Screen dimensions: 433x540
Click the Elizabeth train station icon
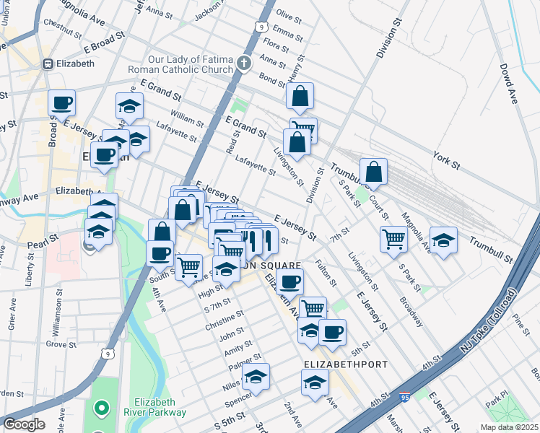48,64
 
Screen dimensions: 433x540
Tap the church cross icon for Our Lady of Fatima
245,62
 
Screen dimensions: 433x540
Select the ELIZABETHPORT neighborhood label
336,364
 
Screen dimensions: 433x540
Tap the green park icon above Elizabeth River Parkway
100,409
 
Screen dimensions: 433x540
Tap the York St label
446,160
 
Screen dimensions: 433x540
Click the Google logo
24,424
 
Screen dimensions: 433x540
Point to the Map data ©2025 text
509,427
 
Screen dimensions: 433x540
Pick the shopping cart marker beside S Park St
393,239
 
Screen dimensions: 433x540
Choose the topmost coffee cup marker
62,103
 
